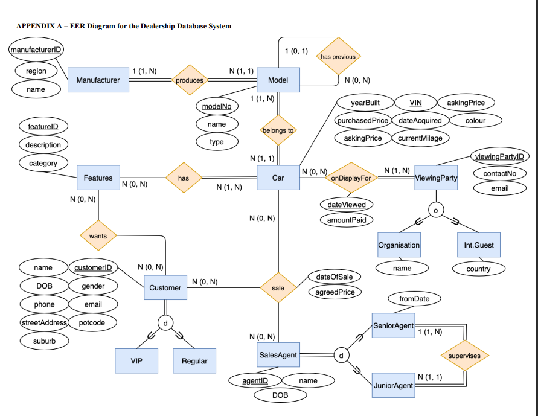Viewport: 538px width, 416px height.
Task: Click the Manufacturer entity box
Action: (98, 80)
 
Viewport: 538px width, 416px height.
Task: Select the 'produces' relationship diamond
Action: (190, 80)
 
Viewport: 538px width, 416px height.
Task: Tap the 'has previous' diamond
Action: (338, 56)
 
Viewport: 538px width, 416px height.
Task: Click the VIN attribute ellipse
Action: (415, 103)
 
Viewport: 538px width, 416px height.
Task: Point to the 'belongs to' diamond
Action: (278, 130)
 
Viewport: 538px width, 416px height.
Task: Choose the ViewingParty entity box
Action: (436, 178)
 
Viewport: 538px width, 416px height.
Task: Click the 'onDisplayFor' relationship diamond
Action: (351, 178)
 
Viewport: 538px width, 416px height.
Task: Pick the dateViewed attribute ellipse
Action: (347, 205)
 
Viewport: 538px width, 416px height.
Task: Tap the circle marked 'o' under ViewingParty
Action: (436, 210)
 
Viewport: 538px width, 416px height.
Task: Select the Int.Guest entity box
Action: (479, 245)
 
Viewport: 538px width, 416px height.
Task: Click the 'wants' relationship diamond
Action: (98, 235)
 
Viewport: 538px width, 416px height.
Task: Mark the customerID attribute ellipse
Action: (94, 267)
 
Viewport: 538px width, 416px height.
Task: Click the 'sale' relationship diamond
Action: (278, 288)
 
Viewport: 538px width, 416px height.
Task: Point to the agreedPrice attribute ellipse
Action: (335, 292)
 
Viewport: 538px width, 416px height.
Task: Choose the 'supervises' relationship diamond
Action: (464, 356)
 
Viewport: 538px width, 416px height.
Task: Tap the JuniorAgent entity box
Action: (394, 385)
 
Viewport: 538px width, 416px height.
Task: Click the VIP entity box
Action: (136, 361)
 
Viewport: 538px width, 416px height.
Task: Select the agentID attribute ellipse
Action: (255, 380)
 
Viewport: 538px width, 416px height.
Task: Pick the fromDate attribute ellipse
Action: (414, 299)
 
